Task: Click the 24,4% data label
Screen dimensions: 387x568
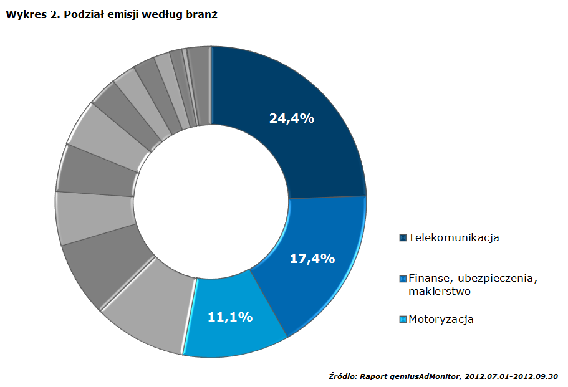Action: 291,118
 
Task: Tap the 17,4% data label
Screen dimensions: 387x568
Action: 313,258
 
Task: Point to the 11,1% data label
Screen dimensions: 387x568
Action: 229,317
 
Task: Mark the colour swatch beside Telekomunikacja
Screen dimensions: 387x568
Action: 403,237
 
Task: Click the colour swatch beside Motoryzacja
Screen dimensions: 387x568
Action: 403,319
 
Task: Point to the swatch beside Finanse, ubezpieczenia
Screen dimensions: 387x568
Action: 403,278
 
